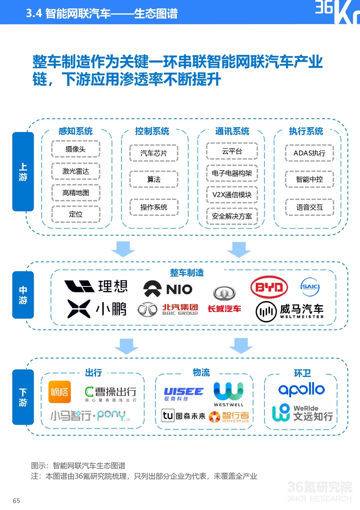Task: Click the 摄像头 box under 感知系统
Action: (75, 149)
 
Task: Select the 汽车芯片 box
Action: (154, 153)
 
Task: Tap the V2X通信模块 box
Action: (232, 195)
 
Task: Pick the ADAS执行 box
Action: (309, 153)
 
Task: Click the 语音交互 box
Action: (309, 207)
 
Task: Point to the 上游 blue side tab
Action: (23, 171)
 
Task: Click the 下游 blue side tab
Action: (23, 397)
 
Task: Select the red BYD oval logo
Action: (269, 287)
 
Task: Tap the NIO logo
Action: (168, 289)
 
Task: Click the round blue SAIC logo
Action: (310, 287)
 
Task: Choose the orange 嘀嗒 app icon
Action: (60, 392)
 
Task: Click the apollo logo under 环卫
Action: (301, 389)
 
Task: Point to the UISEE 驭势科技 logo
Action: (183, 394)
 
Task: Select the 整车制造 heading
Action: (187, 273)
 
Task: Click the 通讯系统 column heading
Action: (232, 131)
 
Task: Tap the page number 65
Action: (16, 501)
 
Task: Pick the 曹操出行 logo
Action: (111, 393)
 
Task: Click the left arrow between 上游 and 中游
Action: (123, 249)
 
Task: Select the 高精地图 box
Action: (75, 193)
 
